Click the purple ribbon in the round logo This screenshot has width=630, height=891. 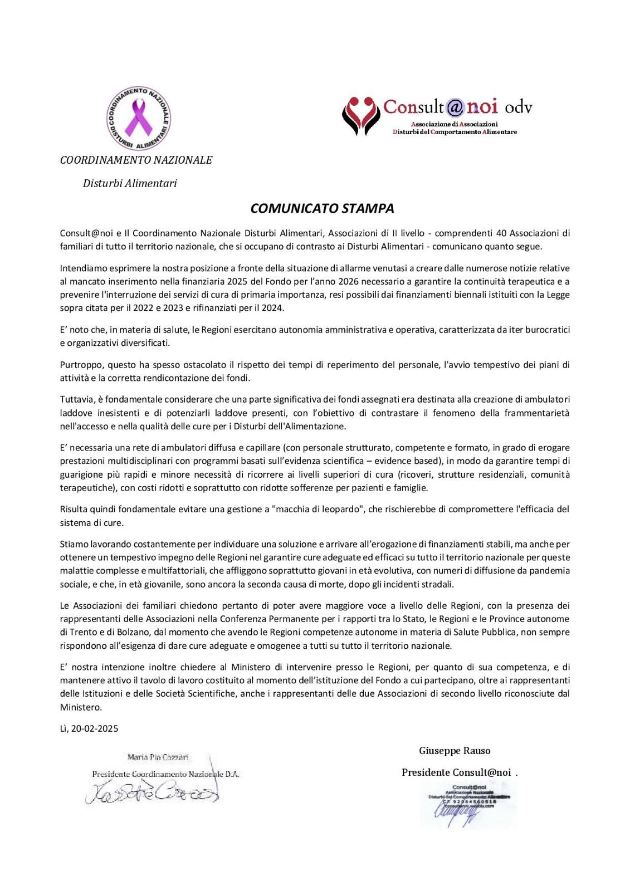(138, 119)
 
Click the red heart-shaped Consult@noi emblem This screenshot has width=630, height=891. (361, 115)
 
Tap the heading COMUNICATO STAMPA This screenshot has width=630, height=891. (322, 208)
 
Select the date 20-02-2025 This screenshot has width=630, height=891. (95, 728)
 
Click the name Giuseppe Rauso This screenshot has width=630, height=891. (455, 751)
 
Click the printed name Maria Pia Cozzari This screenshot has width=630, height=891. (158, 757)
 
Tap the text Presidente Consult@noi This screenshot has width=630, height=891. (456, 772)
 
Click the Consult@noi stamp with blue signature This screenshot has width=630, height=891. (467, 804)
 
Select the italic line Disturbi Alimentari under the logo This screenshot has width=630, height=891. (130, 183)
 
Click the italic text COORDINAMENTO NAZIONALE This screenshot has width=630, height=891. (136, 160)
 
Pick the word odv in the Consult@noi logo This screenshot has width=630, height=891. (519, 107)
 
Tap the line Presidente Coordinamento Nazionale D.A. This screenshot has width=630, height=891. (165, 774)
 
